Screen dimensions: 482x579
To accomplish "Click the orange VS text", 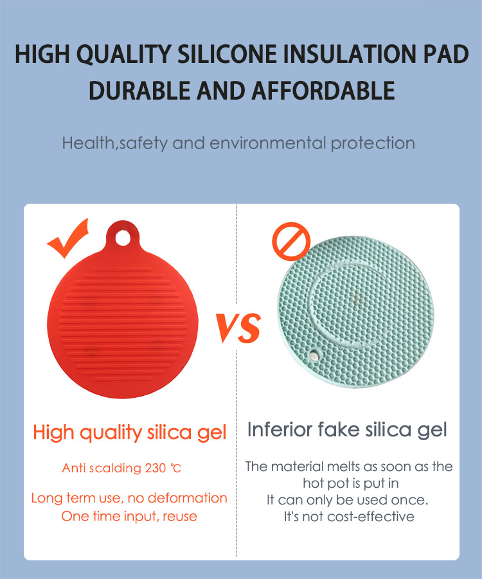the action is pyautogui.click(x=238, y=328).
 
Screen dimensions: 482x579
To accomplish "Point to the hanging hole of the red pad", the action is pyautogui.click(x=123, y=237).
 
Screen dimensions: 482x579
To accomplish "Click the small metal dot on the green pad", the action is pyautogui.click(x=314, y=356).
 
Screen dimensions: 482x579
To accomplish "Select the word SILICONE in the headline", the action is pyautogui.click(x=227, y=54).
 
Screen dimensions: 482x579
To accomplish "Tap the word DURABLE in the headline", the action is pyautogui.click(x=139, y=91).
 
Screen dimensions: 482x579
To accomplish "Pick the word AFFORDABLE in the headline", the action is pyautogui.click(x=323, y=91).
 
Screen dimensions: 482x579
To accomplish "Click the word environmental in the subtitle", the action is pyautogui.click(x=268, y=143).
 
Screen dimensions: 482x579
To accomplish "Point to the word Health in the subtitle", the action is pyautogui.click(x=89, y=143).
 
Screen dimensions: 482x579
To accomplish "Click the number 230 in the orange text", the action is pyautogui.click(x=156, y=468).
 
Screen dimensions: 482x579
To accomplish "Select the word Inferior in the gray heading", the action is pyautogui.click(x=280, y=429).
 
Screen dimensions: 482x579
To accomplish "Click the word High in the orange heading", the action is pyautogui.click(x=53, y=432).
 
